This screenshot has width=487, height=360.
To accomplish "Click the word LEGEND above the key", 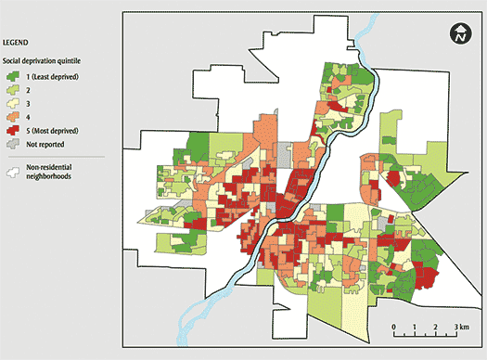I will click(x=13, y=42).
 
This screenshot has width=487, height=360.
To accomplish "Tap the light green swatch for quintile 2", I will click(x=12, y=90).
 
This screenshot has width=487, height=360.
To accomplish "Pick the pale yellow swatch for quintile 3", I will click(x=12, y=105).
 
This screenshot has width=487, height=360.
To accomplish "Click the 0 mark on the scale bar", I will click(x=394, y=328).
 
